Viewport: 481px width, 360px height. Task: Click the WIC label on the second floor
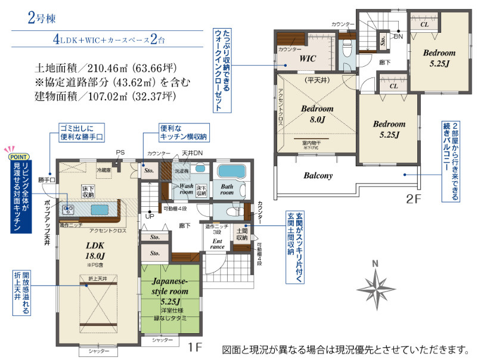[308, 58]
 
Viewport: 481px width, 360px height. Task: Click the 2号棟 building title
[42, 18]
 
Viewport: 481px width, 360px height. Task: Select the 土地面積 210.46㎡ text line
[106, 68]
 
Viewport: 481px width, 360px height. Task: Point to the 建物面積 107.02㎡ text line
[106, 95]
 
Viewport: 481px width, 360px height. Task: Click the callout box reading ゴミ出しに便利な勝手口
[81, 133]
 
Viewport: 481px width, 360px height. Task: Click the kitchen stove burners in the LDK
[67, 210]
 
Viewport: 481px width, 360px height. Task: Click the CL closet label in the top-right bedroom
[424, 24]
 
